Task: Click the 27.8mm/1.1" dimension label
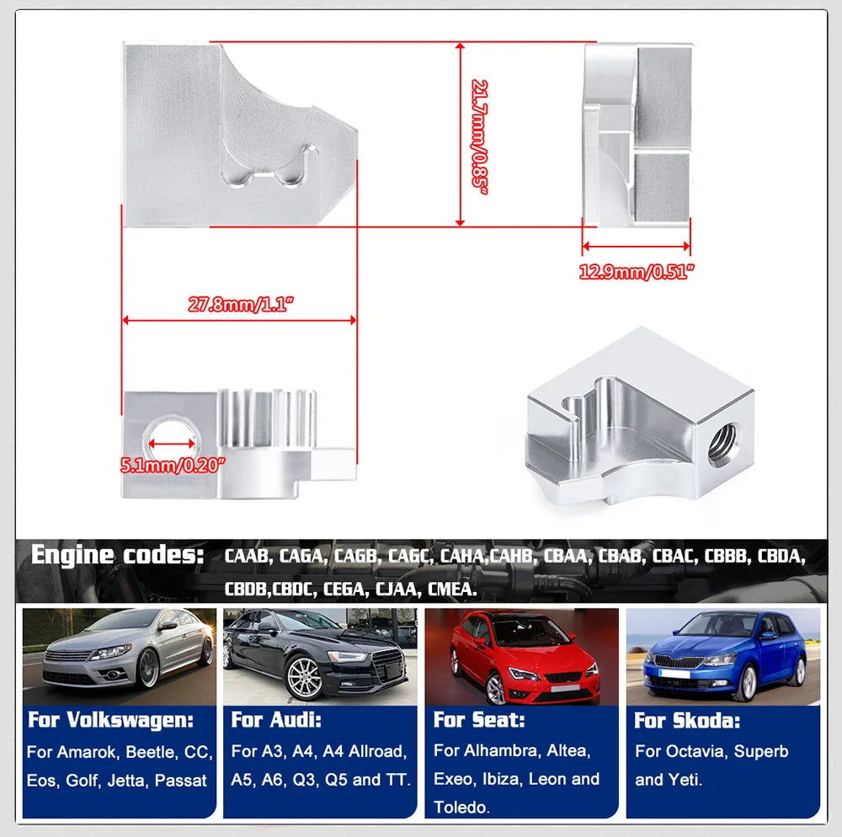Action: pyautogui.click(x=238, y=305)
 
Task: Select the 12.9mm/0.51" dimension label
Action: pyautogui.click(x=637, y=272)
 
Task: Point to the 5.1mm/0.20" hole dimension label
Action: pyautogui.click(x=173, y=465)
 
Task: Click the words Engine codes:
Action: pyautogui.click(x=118, y=556)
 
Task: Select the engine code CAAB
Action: pyautogui.click(x=248, y=557)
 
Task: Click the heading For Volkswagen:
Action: pyautogui.click(x=110, y=721)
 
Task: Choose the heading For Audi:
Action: pyautogui.click(x=276, y=721)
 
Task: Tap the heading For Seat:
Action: pyautogui.click(x=479, y=721)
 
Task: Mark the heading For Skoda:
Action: pyautogui.click(x=685, y=721)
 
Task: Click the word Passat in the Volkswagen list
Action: pyautogui.click(x=181, y=781)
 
